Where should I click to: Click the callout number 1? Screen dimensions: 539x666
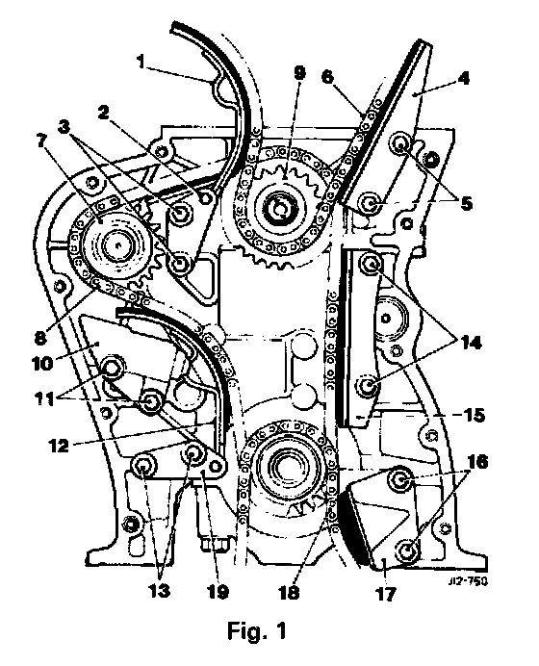coord(141,62)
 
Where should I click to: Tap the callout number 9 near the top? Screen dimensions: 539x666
coord(299,73)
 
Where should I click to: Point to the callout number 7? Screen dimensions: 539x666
coord(40,140)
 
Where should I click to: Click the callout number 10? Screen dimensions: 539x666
coord(43,363)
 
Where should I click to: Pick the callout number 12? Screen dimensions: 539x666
coord(59,446)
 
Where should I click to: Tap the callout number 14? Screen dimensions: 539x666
coord(471,343)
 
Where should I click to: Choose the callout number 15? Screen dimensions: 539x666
coord(474,415)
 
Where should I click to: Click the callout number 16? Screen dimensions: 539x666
coord(477,462)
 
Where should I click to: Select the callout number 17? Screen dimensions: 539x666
coord(386,594)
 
